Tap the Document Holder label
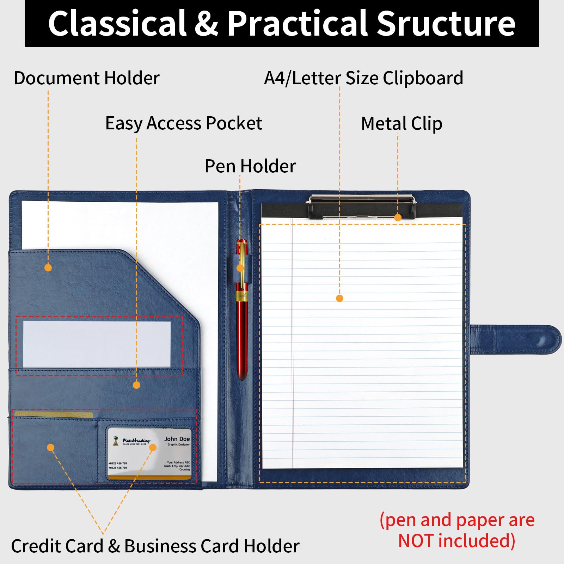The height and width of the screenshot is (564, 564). click(x=87, y=78)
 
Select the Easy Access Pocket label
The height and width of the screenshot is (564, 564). click(x=184, y=123)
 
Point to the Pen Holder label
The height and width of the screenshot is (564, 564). click(x=250, y=166)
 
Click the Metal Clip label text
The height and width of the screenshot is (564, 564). click(x=401, y=124)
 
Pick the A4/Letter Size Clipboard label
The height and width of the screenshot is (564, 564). click(x=363, y=78)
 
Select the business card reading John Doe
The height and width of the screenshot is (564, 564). click(x=149, y=454)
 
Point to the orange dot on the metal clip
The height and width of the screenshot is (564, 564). click(x=398, y=217)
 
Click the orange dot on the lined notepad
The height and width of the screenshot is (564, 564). click(x=339, y=299)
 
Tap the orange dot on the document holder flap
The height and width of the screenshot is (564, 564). click(x=48, y=268)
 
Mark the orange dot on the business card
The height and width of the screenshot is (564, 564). click(x=153, y=448)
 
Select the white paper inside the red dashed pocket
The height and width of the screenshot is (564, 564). click(x=97, y=344)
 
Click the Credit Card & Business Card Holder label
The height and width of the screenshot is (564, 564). click(x=155, y=546)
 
